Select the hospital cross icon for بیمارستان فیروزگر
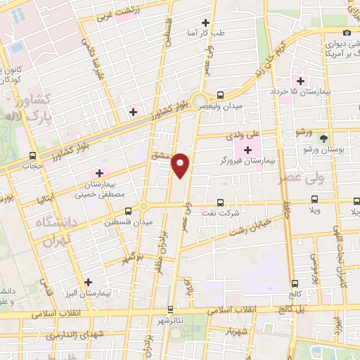click(248, 149)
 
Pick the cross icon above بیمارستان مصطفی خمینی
click(99, 173)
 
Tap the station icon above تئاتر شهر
click(170, 309)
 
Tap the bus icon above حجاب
click(33, 155)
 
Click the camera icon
click(347, 33)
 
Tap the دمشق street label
click(162, 155)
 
